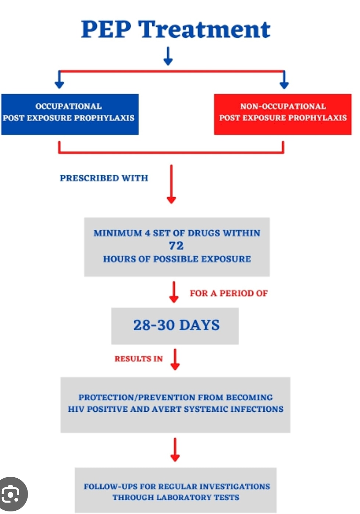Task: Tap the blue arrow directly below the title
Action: pos(168,56)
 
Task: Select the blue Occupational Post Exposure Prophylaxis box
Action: pos(70,114)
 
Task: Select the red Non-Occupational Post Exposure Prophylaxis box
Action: pos(283,114)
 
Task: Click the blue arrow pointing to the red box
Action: pos(284,79)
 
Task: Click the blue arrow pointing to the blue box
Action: pos(60,79)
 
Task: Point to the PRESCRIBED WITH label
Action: pos(104,178)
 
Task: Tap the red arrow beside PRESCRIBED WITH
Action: pos(171,184)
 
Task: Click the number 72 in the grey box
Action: pos(177,246)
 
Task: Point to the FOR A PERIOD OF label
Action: pos(229,293)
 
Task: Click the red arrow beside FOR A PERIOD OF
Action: pos(174,292)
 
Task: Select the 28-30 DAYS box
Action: pos(175,326)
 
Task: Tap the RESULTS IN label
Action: pos(139,359)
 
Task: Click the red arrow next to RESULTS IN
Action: pos(175,359)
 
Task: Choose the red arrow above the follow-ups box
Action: pos(175,450)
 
